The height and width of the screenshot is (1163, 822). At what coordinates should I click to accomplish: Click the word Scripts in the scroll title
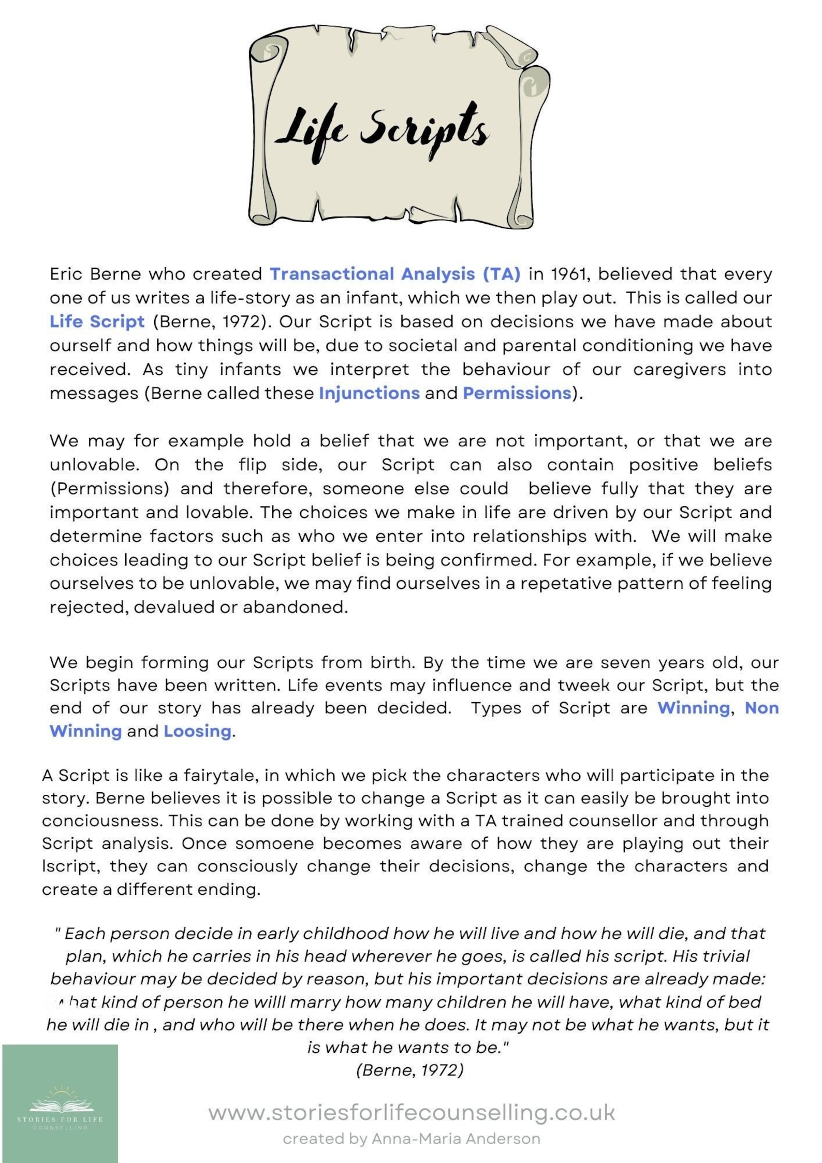(x=424, y=129)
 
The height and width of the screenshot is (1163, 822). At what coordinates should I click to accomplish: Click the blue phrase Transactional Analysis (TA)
(x=395, y=273)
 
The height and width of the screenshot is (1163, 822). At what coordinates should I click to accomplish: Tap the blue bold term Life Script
(x=97, y=322)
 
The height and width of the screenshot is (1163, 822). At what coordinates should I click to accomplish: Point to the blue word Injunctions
(x=369, y=394)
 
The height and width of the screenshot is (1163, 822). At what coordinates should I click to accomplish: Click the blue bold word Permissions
(x=517, y=394)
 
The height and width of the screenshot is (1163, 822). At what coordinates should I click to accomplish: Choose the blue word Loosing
(x=197, y=731)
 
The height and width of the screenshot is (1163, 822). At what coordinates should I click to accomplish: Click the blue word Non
(x=761, y=708)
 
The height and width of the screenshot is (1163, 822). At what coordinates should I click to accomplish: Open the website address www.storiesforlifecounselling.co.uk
(x=412, y=1112)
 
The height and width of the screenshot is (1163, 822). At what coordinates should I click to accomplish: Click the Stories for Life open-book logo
(x=60, y=1108)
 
